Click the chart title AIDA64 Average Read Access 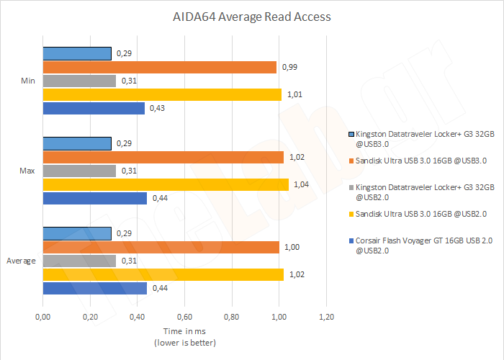(x=251, y=16)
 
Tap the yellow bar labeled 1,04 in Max (x=166, y=184)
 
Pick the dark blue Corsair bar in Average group (x=95, y=288)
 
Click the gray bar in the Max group (x=79, y=171)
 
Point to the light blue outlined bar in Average (x=77, y=233)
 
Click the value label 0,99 (x=290, y=67)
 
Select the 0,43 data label (x=158, y=109)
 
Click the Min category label (x=27, y=81)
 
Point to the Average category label (x=22, y=261)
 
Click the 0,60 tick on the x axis (x=184, y=317)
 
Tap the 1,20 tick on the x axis (x=326, y=317)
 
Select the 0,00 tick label (x=43, y=317)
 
